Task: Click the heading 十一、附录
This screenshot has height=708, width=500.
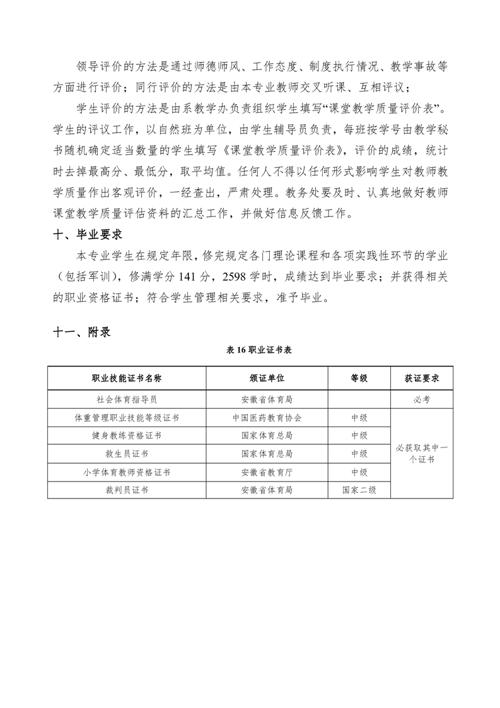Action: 82,332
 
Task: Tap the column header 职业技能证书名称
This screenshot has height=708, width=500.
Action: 127,378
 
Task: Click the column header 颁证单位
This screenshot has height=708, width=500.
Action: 267,378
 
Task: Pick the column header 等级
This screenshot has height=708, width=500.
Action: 359,378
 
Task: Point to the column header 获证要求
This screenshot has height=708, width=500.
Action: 422,378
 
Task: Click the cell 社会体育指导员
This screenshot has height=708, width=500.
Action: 127,399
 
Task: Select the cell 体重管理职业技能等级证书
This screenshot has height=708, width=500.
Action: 127,418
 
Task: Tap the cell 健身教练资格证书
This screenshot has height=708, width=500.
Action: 127,435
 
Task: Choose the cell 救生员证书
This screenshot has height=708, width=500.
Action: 127,454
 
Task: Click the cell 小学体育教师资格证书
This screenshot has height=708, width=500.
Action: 127,472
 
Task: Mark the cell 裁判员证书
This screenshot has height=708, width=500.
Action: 127,490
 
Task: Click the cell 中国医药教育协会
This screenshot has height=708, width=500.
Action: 267,418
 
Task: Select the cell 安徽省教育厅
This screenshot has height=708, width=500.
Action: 267,472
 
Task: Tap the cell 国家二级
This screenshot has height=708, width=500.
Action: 359,490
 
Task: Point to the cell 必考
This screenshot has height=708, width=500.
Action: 422,399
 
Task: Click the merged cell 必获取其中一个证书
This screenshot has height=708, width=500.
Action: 422,454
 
